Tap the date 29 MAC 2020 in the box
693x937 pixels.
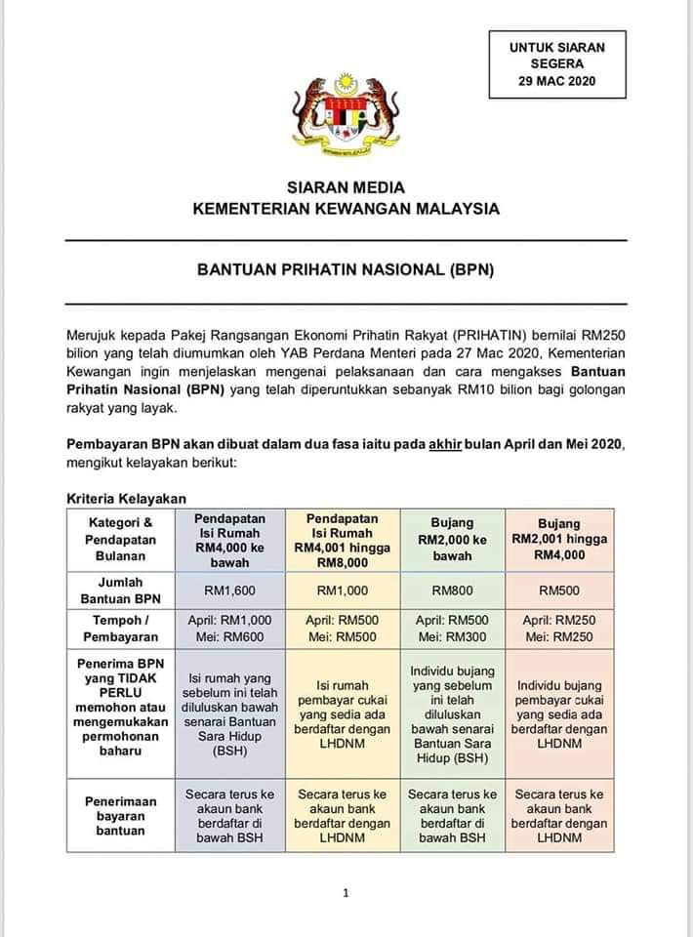(x=556, y=81)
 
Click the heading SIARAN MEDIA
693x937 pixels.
(x=346, y=187)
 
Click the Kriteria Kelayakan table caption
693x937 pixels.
(x=126, y=498)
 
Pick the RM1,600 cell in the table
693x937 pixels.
(x=229, y=590)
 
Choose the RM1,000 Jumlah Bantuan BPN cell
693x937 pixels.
(x=342, y=590)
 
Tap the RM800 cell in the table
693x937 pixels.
(x=452, y=590)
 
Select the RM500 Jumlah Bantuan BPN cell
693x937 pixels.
(x=558, y=590)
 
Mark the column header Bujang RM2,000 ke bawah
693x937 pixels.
(x=452, y=540)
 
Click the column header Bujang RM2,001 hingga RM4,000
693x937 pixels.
(x=558, y=539)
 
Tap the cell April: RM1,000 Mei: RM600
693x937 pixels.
(x=229, y=629)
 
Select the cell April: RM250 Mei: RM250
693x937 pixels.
(x=558, y=629)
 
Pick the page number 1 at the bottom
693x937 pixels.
(x=346, y=891)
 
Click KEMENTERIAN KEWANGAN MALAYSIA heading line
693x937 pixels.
(x=346, y=208)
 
